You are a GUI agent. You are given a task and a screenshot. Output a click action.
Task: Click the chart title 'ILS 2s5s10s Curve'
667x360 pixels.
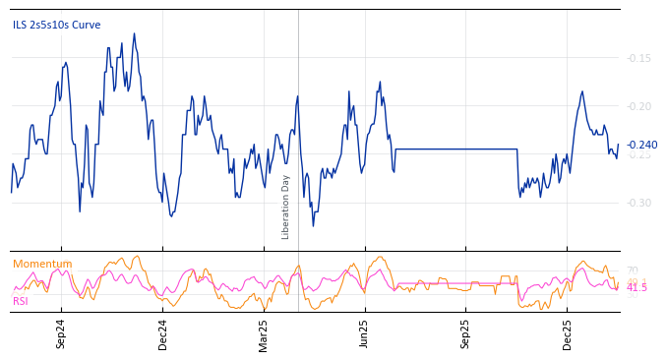point(56,26)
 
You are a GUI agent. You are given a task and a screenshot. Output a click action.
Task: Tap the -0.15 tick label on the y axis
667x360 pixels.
point(638,58)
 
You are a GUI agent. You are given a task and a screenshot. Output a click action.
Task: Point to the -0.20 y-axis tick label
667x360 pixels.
point(638,106)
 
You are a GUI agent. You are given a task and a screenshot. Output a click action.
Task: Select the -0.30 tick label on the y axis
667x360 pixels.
point(638,203)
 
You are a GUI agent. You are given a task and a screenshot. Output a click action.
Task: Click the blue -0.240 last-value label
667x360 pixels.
point(641,146)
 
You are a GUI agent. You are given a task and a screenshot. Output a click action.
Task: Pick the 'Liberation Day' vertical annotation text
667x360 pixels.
point(286,207)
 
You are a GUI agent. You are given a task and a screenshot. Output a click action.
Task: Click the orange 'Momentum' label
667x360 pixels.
point(42,264)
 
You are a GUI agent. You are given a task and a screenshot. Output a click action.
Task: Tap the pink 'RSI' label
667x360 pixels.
point(20,301)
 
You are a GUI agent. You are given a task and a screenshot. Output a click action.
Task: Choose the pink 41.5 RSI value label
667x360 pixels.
point(637,287)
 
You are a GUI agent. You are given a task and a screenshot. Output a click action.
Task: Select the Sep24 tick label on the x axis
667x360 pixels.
point(61,333)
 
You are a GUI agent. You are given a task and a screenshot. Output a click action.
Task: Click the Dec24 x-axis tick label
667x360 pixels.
point(163,333)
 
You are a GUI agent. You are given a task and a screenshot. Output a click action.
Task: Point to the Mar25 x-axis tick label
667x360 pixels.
point(264,333)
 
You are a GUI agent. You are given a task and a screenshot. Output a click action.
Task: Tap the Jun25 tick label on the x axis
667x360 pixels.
point(365,333)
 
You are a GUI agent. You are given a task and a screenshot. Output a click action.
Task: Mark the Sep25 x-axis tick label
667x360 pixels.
point(466,333)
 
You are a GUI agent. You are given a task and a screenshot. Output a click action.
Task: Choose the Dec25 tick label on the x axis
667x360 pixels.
point(568,333)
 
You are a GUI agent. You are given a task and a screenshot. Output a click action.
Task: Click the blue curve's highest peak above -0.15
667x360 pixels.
point(134,33)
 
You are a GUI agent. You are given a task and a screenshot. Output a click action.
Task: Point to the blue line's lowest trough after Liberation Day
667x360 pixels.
point(313,225)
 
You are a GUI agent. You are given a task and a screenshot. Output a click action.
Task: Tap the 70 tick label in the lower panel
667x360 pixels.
point(632,270)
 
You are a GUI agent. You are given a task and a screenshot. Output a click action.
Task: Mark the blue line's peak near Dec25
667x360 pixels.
point(582,91)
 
